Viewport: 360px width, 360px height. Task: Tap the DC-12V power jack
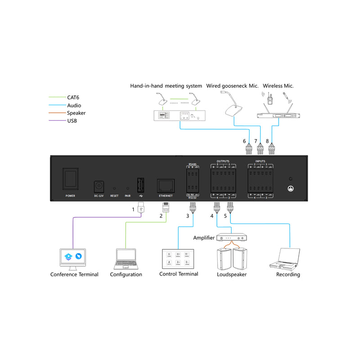click(x=98, y=186)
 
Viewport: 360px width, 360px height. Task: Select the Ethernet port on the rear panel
click(x=166, y=185)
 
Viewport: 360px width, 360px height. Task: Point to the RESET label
click(x=114, y=196)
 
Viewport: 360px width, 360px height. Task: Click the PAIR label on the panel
click(x=127, y=196)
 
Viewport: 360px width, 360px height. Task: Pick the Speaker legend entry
click(x=76, y=113)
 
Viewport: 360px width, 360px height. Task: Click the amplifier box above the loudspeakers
click(x=232, y=237)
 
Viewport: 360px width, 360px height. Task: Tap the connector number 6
click(x=244, y=141)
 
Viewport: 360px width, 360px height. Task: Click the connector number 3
click(x=189, y=216)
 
